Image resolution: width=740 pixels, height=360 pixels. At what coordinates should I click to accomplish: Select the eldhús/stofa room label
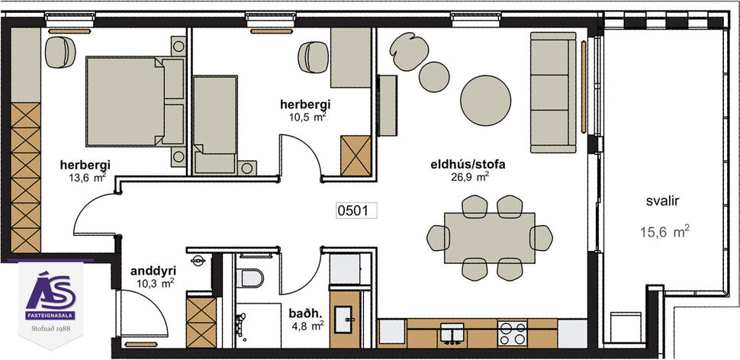468,163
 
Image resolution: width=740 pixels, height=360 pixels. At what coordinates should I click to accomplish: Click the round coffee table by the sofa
489,97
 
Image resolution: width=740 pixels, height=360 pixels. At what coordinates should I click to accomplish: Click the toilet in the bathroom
249,278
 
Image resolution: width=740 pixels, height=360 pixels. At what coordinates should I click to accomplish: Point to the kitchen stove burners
511,333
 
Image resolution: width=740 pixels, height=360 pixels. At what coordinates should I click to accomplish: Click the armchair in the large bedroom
57,53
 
